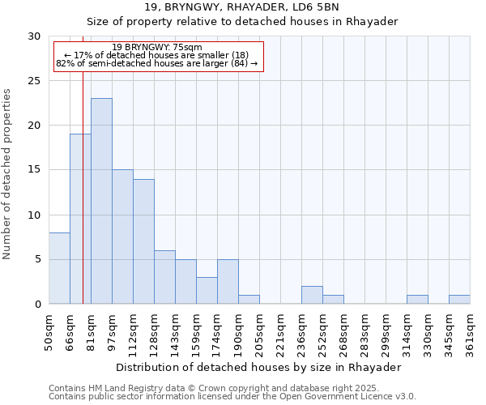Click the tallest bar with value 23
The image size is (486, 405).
(x=101, y=201)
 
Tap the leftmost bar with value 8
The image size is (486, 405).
(x=59, y=268)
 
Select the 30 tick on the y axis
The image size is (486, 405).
(x=34, y=36)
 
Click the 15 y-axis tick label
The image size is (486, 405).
(x=34, y=170)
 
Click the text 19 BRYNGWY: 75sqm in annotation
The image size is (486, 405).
(x=157, y=48)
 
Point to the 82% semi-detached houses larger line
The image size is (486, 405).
(x=157, y=63)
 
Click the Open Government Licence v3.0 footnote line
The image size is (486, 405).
(x=232, y=397)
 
